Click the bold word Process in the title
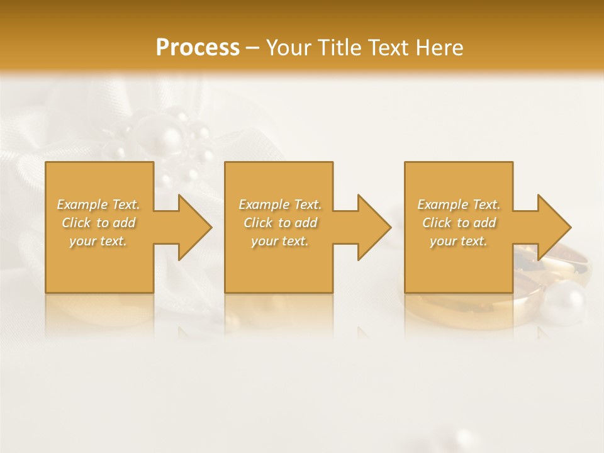pyautogui.click(x=198, y=48)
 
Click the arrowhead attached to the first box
pyautogui.click(x=193, y=227)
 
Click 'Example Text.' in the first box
pyautogui.click(x=98, y=204)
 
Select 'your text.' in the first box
pyautogui.click(x=98, y=241)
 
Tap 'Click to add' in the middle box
pyautogui.click(x=280, y=223)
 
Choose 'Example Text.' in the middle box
pyautogui.click(x=280, y=204)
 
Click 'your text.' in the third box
pyautogui.click(x=458, y=241)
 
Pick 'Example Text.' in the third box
pyautogui.click(x=459, y=204)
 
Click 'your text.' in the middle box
pyautogui.click(x=280, y=241)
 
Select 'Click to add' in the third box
pyautogui.click(x=459, y=223)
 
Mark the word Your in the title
pyautogui.click(x=286, y=48)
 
